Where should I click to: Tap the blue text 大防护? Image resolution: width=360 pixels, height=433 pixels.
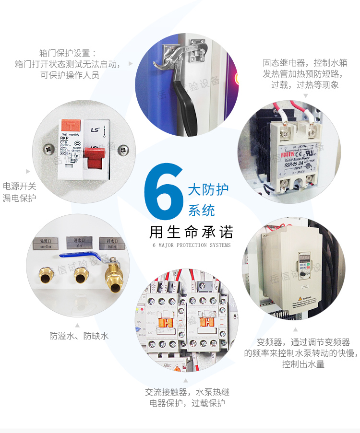(x=208, y=188)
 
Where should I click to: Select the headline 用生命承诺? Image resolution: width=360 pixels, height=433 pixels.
(x=191, y=232)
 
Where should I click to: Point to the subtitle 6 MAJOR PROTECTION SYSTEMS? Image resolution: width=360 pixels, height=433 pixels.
(x=191, y=246)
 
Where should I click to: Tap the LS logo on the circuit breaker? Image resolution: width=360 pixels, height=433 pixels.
(x=95, y=129)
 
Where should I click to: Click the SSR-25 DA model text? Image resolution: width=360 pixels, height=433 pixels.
(x=293, y=164)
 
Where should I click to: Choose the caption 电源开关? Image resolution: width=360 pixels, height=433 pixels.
(x=19, y=186)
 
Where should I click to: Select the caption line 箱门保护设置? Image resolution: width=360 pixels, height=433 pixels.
(x=68, y=53)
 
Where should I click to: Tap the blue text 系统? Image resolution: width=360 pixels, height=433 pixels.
(x=201, y=210)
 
